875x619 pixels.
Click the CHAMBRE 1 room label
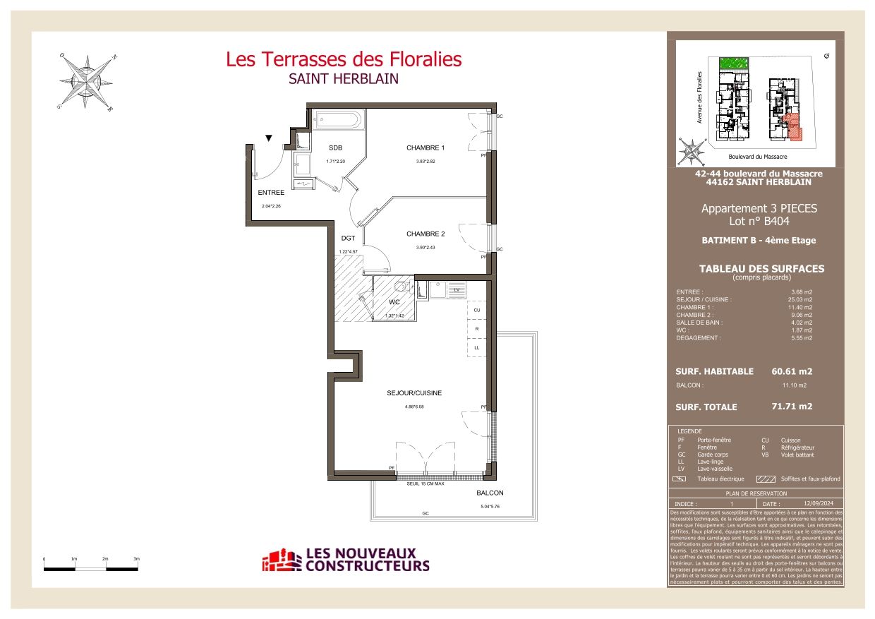click(x=425, y=148)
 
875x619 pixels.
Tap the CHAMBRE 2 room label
click(x=425, y=234)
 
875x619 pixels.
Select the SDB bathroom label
click(x=335, y=148)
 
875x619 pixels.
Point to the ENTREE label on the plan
click(x=271, y=193)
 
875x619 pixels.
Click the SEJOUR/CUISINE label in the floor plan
click(x=414, y=393)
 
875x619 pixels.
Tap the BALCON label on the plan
click(x=490, y=493)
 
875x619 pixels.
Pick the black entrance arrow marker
click(x=269, y=138)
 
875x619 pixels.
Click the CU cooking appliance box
click(x=476, y=311)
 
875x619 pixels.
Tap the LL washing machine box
click(x=476, y=348)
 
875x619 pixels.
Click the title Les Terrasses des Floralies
click(x=344, y=59)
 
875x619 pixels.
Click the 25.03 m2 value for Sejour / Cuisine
click(x=801, y=300)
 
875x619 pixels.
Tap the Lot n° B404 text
click(x=759, y=221)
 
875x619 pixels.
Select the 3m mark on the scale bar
click(x=136, y=558)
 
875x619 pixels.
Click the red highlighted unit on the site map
click(x=793, y=126)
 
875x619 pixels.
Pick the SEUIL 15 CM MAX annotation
click(x=425, y=483)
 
